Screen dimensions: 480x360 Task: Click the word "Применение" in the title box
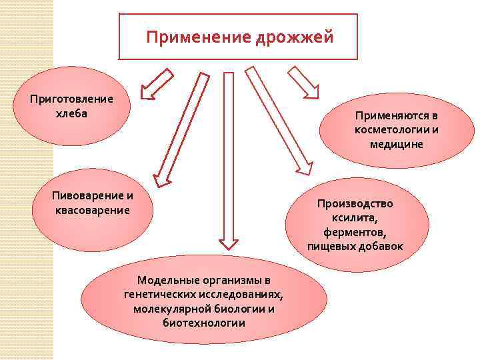pyautogui.click(x=197, y=37)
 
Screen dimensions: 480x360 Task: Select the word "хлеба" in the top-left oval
pyautogui.click(x=72, y=112)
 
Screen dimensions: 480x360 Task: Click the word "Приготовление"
pyautogui.click(x=72, y=99)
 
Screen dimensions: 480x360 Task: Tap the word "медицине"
pyautogui.click(x=397, y=143)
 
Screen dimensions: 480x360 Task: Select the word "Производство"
pyautogui.click(x=355, y=203)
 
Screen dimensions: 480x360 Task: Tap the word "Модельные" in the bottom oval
pyautogui.click(x=165, y=280)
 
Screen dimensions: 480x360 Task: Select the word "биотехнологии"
pyautogui.click(x=203, y=323)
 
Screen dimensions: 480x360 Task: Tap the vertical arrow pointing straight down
pyautogui.click(x=229, y=160)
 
